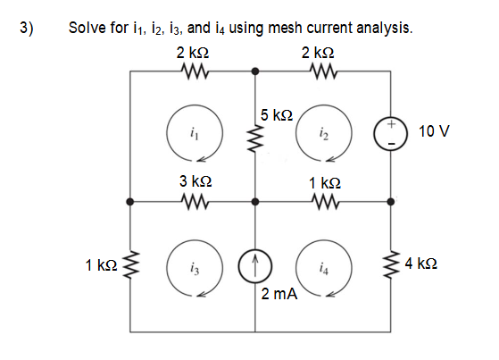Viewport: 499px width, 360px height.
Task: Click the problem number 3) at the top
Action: (26, 26)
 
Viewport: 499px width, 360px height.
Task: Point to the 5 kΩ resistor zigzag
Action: (256, 137)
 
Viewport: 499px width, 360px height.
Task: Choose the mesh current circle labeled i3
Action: (194, 267)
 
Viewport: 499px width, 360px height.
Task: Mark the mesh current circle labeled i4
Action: (323, 267)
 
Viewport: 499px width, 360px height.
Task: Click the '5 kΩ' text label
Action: (278, 114)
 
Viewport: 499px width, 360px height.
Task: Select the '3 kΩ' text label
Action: (194, 181)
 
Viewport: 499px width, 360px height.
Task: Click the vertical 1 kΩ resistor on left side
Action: (130, 265)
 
